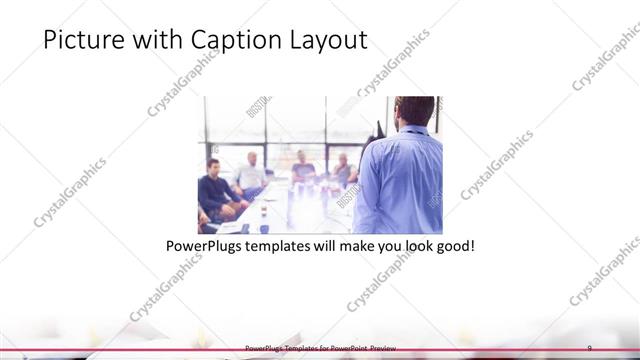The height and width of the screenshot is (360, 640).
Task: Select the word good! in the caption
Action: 452,245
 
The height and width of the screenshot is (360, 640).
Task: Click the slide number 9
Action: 590,347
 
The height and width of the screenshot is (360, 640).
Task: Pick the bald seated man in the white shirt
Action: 250,175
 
